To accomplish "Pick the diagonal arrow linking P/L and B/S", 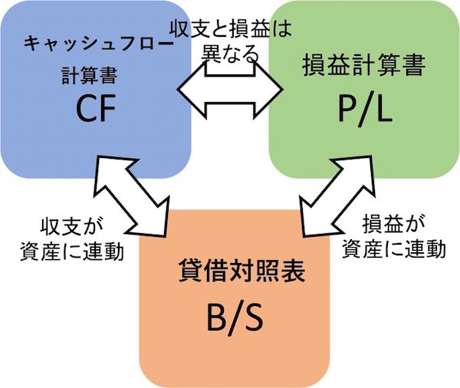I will click(331, 196).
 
